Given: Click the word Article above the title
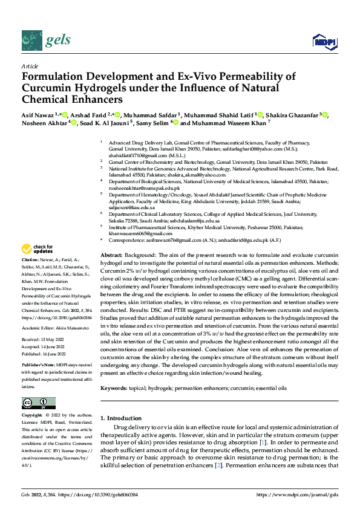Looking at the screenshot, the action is point(30,66).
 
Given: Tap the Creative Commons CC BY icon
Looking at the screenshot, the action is point(38,403).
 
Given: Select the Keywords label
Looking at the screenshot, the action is point(114,371).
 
